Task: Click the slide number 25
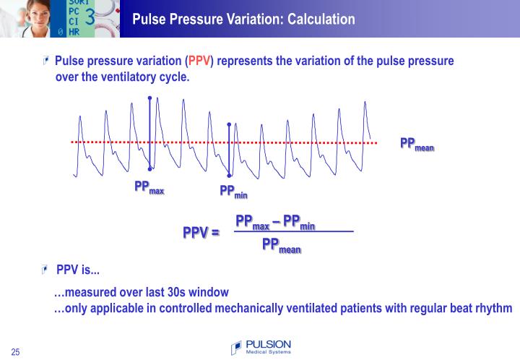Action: tap(15, 352)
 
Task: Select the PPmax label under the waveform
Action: tap(149, 188)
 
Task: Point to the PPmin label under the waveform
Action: tap(233, 192)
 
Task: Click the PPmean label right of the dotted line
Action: tap(417, 144)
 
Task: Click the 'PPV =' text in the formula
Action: tap(201, 233)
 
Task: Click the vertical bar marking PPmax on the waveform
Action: tap(149, 134)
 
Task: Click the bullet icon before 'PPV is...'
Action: tap(47, 270)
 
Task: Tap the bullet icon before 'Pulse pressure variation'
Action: tap(47, 61)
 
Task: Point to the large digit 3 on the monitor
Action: tap(90, 17)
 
